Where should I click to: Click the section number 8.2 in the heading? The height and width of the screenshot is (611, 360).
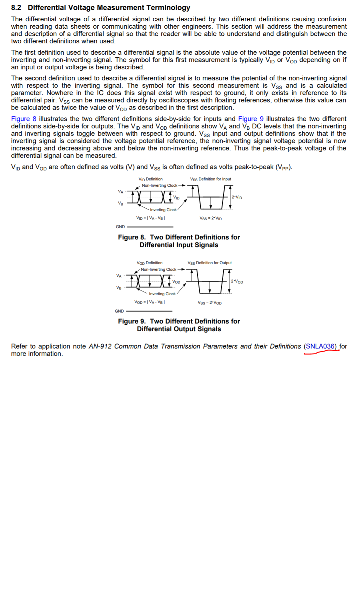16,8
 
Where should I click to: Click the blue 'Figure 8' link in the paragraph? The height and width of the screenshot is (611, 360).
24,119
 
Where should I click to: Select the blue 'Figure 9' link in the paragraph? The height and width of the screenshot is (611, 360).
251,119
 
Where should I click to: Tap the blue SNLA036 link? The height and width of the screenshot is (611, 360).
320,347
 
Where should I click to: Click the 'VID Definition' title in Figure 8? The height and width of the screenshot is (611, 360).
151,179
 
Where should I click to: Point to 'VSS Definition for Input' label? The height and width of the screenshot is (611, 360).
211,179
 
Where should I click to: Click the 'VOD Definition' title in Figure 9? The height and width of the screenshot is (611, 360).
150,263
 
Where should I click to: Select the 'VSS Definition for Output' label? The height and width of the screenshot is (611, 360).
210,263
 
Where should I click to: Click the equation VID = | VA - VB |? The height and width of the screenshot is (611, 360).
151,218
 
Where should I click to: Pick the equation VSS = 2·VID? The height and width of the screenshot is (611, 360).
211,218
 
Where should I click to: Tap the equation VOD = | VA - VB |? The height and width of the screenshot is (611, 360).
150,302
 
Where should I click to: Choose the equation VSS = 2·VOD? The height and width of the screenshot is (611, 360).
210,303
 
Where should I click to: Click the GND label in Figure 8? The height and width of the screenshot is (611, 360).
120,227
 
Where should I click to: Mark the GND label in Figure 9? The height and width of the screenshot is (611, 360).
119,311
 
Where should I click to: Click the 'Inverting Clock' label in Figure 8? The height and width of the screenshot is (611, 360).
163,210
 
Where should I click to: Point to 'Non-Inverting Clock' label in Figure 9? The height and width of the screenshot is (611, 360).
159,269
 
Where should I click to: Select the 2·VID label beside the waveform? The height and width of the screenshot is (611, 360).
237,197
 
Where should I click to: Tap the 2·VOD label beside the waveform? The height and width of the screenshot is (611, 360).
237,281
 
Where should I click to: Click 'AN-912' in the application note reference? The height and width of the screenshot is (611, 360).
100,347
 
